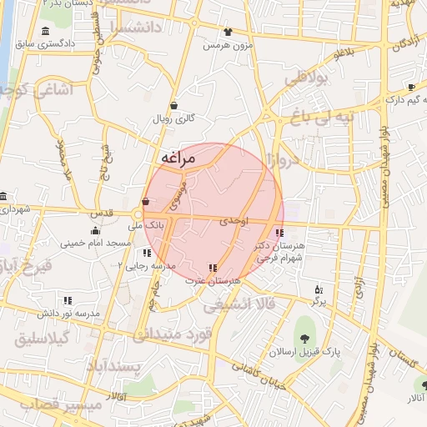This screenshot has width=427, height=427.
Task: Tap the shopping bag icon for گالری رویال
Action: pos(173,106)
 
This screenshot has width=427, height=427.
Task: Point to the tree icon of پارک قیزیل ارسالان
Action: pos(304,338)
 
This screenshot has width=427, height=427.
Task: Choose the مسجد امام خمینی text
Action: pos(95,244)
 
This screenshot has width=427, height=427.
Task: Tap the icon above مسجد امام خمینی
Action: pos(95,231)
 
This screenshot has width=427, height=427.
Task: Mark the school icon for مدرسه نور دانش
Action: pos(68,300)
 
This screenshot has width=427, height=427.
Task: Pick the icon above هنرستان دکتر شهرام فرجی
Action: pos(279,233)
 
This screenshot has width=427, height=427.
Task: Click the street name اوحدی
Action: pos(234,221)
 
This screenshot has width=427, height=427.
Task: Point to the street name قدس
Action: pos(101,213)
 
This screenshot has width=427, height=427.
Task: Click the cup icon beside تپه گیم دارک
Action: pos(411,87)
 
